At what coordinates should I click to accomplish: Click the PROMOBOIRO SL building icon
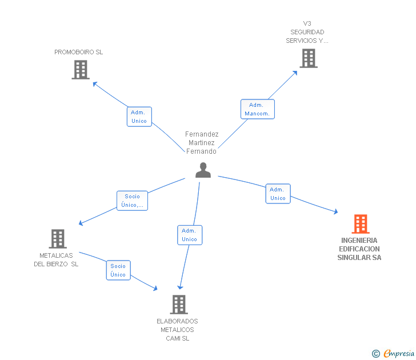pos(81,70)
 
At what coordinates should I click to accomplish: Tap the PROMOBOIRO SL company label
pos(78,52)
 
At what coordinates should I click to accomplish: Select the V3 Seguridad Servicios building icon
pos(309,58)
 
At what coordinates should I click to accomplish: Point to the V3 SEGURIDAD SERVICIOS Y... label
pos(307,32)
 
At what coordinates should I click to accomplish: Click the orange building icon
pos(361,224)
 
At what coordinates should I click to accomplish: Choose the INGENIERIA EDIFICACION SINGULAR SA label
pos(359,249)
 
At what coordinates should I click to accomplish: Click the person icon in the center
pos(203,170)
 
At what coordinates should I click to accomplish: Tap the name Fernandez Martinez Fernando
pos(202,143)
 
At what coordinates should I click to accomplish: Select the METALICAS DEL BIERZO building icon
pos(58,239)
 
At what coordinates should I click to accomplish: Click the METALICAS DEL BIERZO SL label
pos(56,260)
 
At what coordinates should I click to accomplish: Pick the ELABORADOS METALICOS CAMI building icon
pos(179,305)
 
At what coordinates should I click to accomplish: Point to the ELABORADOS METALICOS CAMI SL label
pos(177,330)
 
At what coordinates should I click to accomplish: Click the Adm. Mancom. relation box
pos(257,109)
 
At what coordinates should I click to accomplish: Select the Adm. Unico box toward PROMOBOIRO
pos(139,117)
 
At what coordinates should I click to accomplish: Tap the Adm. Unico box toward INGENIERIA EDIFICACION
pos(278,194)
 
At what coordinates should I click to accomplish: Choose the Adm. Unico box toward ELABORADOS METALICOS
pos(190,235)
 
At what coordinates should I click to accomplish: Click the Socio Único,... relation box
pos(132,201)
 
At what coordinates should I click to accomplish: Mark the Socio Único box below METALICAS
pos(118,270)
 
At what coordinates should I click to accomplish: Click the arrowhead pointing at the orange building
pos(336,211)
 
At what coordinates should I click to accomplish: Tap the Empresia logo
pos(393,353)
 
